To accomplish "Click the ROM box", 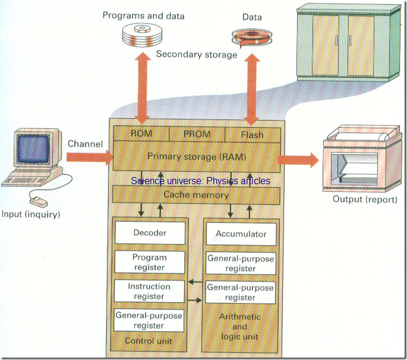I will [x=141, y=134].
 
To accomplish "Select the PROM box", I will [x=197, y=134].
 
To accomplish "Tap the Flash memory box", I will [x=252, y=134].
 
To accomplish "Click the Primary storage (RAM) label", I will [x=197, y=156].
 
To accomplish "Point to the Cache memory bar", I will [x=197, y=195].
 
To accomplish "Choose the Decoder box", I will [x=150, y=233].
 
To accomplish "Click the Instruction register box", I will [x=150, y=291].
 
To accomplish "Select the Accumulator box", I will [x=241, y=233].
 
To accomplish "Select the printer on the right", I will [x=356, y=157].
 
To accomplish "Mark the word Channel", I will [x=86, y=144].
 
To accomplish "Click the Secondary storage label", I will [x=197, y=55].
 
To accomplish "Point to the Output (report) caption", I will [x=364, y=198].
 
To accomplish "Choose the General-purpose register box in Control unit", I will [x=150, y=320].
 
